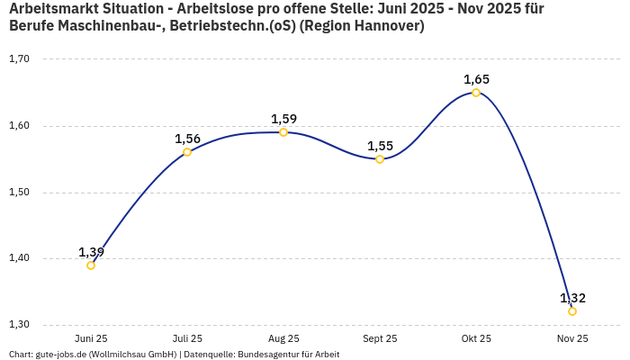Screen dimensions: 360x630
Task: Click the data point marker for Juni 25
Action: (91, 265)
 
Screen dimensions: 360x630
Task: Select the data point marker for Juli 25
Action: (187, 152)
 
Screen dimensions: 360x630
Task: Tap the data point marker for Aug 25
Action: (283, 132)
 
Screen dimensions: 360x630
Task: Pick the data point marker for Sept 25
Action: (380, 159)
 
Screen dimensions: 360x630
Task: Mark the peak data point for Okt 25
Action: (476, 93)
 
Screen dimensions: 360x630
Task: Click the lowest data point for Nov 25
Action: (572, 311)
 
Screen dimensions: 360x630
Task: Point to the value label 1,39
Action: (92, 252)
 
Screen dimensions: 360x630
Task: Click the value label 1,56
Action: (187, 139)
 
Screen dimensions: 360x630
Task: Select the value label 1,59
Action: (283, 119)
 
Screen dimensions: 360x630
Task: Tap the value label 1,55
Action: (380, 146)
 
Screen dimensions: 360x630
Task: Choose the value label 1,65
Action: (476, 79)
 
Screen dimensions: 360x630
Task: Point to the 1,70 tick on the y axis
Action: (19, 59)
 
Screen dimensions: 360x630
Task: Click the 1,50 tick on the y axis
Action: (19, 193)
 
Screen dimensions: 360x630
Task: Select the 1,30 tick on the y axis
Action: (19, 325)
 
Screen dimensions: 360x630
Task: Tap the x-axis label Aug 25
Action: (283, 338)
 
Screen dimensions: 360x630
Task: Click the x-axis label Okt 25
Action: (476, 338)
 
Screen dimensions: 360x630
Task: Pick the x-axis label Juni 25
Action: (91, 338)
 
